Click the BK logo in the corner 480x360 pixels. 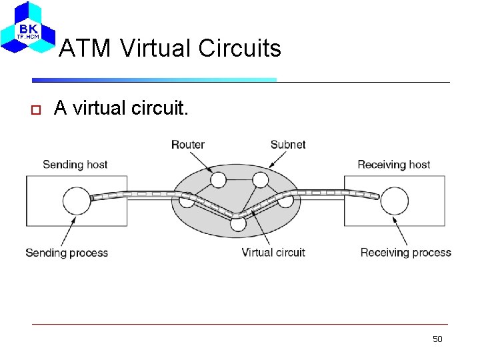28,28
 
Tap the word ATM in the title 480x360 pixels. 85,48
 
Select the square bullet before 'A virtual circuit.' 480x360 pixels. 37,109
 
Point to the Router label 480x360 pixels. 187,145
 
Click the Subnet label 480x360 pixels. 288,145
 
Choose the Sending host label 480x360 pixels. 75,165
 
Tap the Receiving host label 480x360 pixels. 394,165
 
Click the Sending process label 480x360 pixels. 67,253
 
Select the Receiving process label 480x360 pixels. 406,253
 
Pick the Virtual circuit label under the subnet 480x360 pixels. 273,253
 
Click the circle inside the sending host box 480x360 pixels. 77,200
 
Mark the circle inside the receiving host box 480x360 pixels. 395,200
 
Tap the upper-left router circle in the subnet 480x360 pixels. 218,179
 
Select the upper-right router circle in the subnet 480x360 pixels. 260,179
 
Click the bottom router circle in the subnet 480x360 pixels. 238,223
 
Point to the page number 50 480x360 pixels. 437,339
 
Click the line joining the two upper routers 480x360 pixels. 239,179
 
